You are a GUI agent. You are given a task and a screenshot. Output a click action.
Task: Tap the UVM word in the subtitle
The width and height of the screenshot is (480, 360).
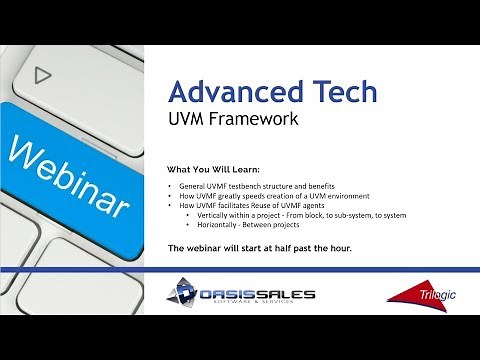tap(188, 121)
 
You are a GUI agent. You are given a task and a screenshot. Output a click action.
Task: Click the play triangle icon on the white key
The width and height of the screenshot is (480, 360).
tap(41, 74)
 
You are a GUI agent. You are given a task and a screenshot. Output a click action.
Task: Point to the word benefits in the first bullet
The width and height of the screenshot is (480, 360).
tap(344, 187)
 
